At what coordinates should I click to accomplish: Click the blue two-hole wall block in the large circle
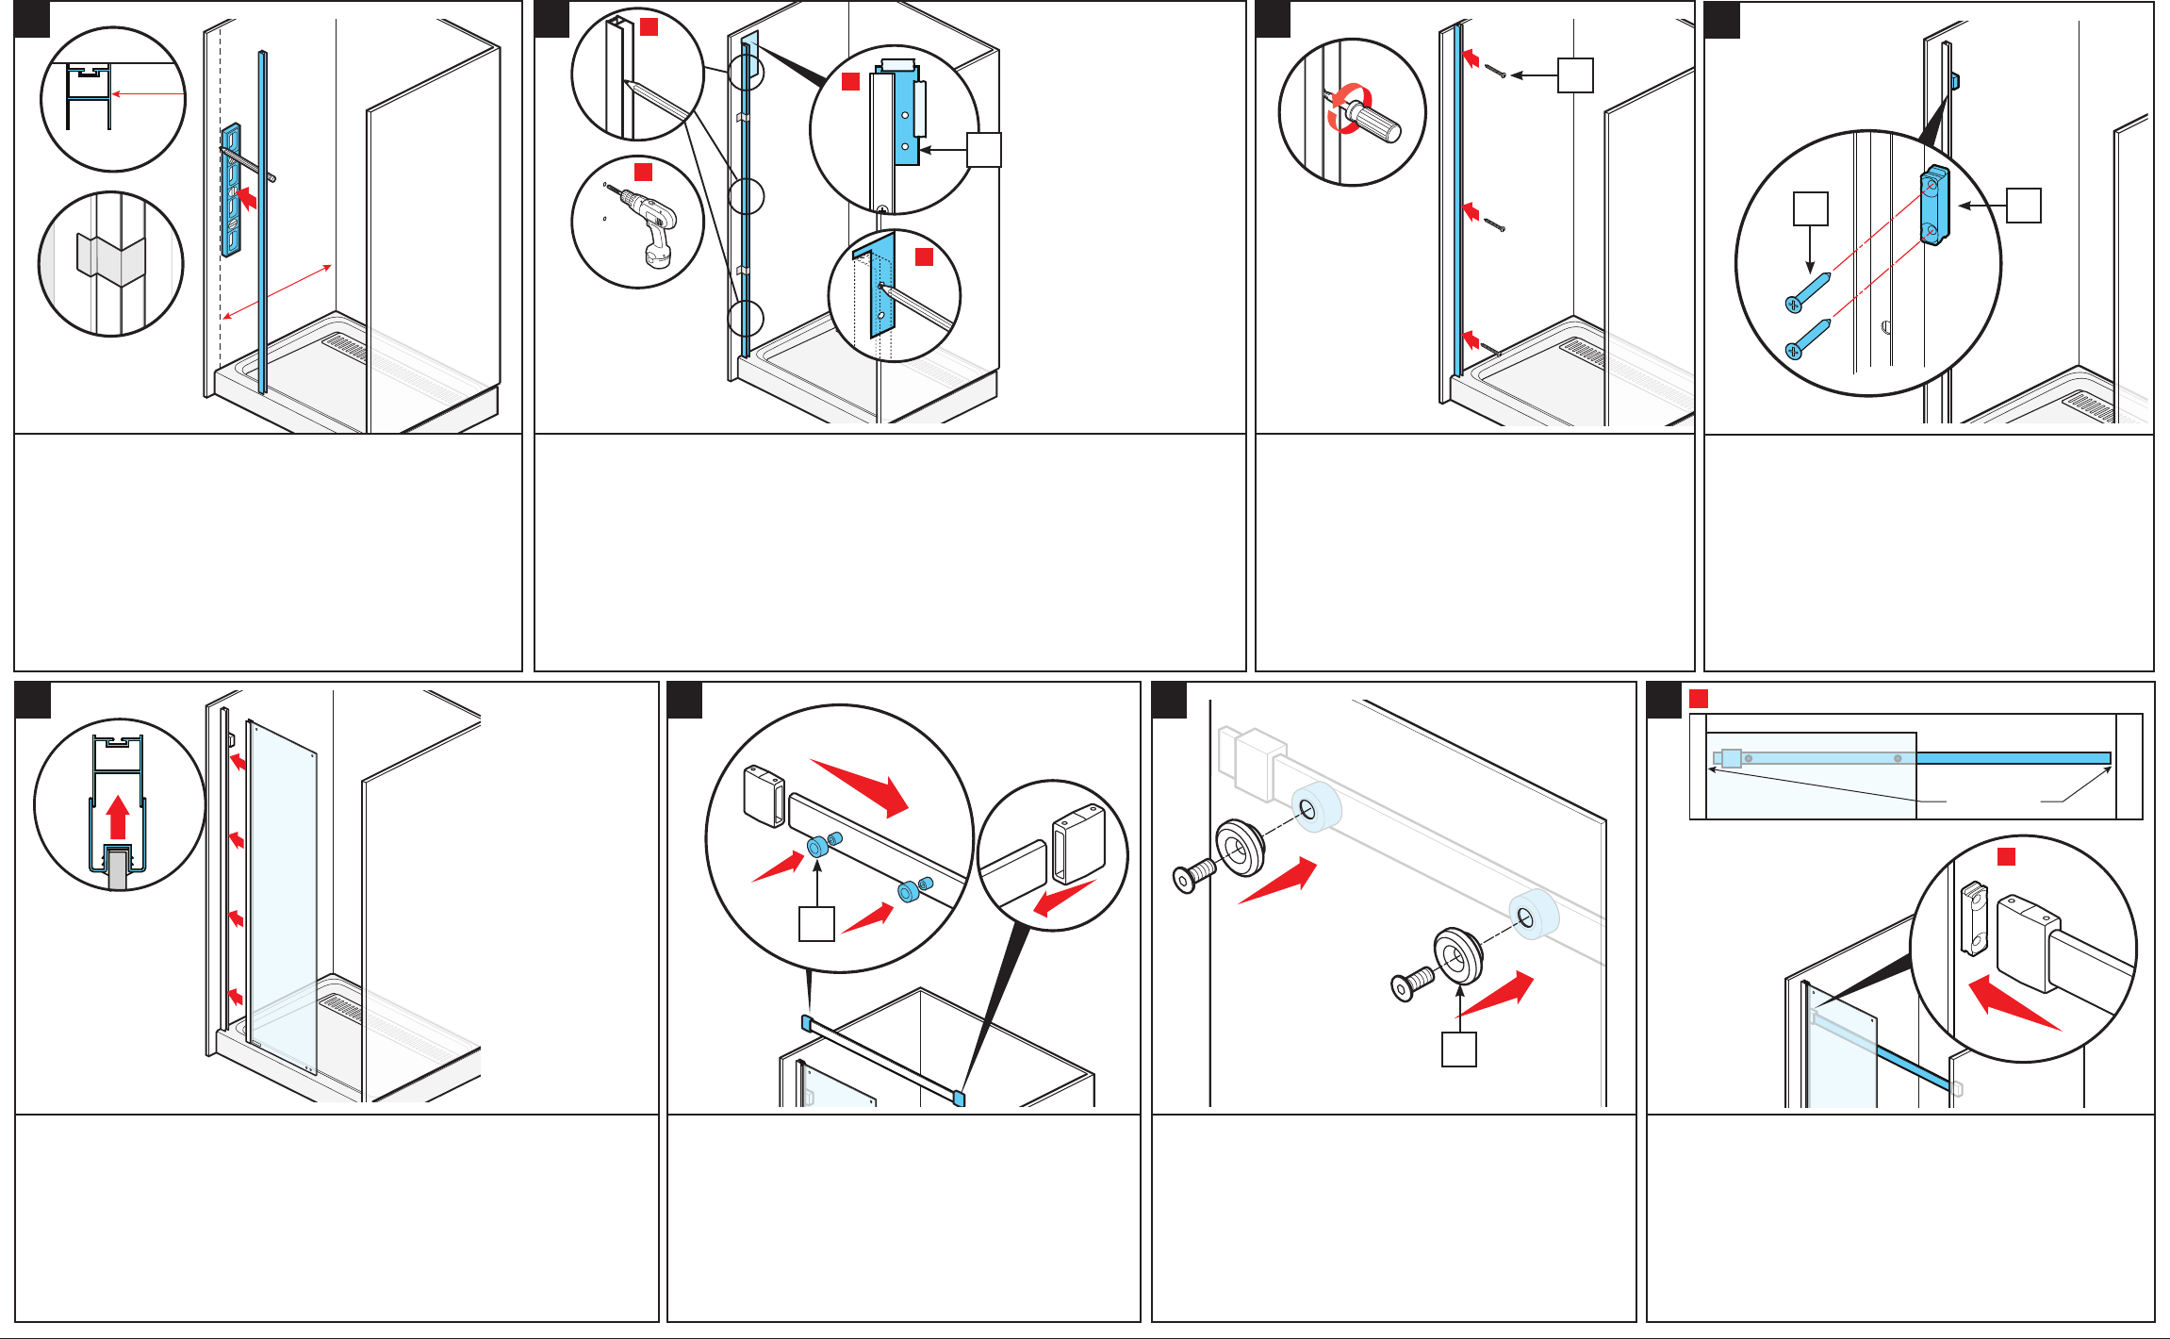coord(1934,206)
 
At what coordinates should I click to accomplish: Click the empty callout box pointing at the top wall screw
coord(1575,75)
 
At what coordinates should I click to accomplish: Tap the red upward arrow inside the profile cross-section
coord(118,817)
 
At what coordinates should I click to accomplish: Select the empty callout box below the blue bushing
coord(816,924)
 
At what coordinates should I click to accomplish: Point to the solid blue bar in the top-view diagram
coord(2013,758)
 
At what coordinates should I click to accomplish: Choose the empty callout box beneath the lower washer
coord(1459,1050)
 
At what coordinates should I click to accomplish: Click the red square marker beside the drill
coord(643,172)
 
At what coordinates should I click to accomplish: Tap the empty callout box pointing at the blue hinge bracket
coord(984,150)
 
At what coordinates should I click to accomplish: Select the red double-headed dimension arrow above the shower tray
coord(276,292)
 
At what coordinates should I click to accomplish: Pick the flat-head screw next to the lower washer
coord(1411,985)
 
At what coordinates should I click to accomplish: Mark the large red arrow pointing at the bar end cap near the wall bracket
coord(2013,1005)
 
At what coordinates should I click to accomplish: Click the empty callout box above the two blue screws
coord(1810,208)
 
